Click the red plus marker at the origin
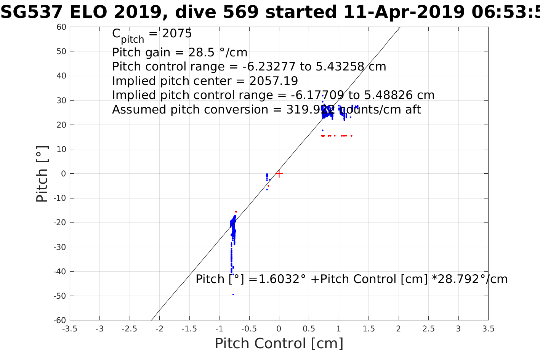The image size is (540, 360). [279, 174]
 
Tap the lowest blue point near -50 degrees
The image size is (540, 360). [233, 294]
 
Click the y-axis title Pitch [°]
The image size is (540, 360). [42, 174]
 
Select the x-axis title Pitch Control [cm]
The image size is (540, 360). [279, 344]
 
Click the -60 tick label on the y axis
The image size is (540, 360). [60, 320]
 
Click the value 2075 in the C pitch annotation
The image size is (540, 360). [177, 34]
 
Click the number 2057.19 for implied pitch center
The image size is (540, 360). [274, 81]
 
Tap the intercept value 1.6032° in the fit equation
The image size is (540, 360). [282, 279]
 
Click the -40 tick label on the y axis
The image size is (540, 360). [60, 272]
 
